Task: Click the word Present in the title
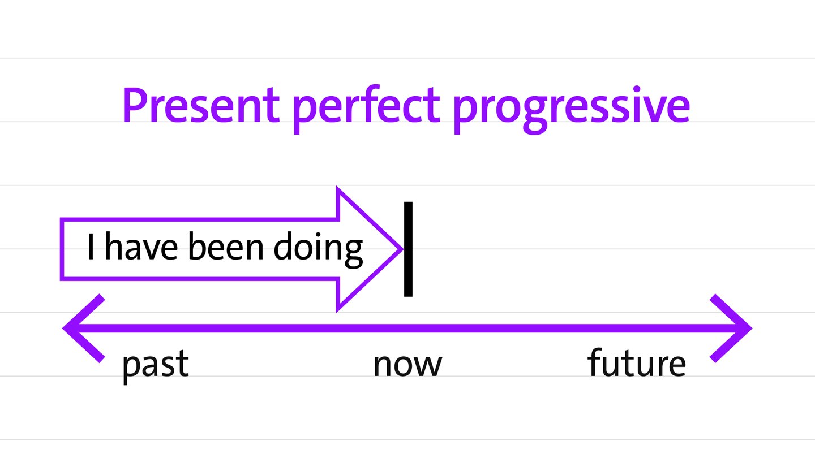(x=201, y=105)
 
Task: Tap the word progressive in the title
(x=572, y=110)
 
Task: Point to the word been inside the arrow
(x=226, y=247)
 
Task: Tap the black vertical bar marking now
(x=408, y=249)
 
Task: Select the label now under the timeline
(x=407, y=365)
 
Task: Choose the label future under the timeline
(x=637, y=362)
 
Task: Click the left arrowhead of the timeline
(x=84, y=329)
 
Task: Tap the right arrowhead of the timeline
(x=731, y=329)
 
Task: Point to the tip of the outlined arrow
(x=403, y=249)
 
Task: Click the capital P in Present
(x=134, y=105)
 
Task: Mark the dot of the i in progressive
(x=636, y=89)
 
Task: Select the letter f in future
(x=595, y=362)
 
